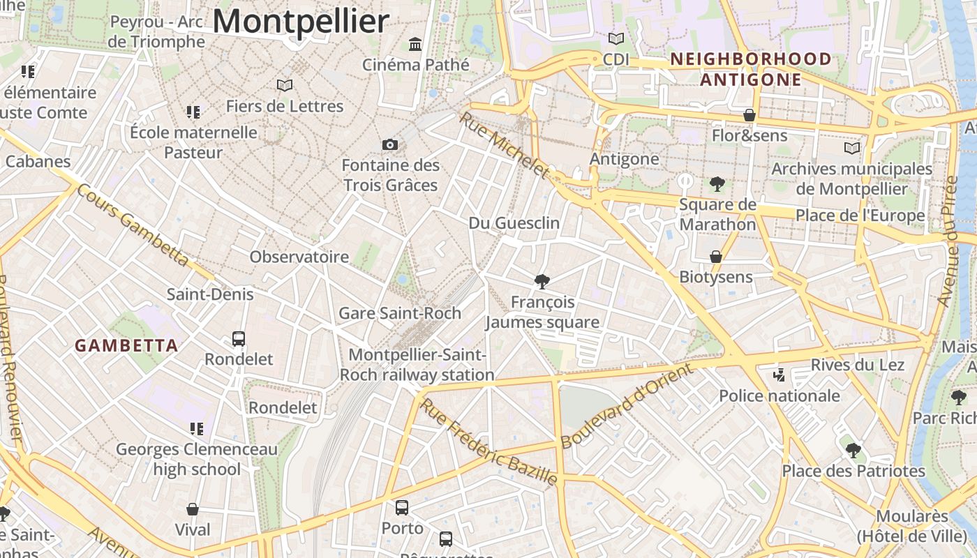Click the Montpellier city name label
[300, 21]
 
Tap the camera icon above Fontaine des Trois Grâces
[390, 144]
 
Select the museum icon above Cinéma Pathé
[416, 44]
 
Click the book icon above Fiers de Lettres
[284, 85]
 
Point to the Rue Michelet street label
[504, 145]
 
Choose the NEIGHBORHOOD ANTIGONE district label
[751, 69]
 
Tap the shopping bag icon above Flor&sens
[749, 115]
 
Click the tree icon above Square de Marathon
[717, 184]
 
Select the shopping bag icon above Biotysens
[716, 257]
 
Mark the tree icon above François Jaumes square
[542, 281]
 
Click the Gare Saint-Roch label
[400, 313]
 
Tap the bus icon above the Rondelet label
[239, 339]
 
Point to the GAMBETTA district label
[126, 345]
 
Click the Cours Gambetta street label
[133, 225]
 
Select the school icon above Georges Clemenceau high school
[196, 428]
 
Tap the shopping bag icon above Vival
[193, 509]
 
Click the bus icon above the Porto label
[402, 508]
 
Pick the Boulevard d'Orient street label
[627, 406]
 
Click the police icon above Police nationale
[780, 376]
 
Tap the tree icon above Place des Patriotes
[853, 450]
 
